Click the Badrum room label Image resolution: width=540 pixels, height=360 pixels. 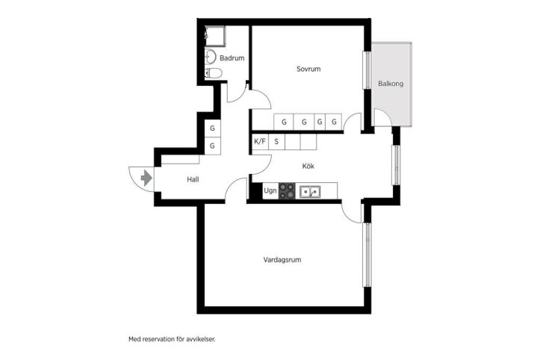(x=232, y=58)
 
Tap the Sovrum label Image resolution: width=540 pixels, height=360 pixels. (x=308, y=69)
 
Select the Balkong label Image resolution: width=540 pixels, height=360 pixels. (x=391, y=84)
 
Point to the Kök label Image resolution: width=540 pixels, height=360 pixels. (x=308, y=166)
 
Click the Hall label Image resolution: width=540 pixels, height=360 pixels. (x=193, y=179)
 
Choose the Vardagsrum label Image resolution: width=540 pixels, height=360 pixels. (x=282, y=260)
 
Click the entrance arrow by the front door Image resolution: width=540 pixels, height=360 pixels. (x=146, y=178)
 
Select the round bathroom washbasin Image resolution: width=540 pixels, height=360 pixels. (x=210, y=57)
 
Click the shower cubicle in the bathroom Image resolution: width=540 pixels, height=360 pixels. (x=215, y=36)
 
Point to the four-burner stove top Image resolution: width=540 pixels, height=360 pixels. (x=287, y=191)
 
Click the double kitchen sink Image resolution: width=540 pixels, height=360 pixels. (x=310, y=191)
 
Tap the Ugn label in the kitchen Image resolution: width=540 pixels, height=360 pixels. (x=270, y=190)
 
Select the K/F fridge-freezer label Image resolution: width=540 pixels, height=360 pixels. (x=260, y=141)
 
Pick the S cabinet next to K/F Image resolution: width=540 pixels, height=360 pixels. (x=276, y=142)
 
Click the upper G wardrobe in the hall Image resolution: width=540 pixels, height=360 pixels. (x=212, y=128)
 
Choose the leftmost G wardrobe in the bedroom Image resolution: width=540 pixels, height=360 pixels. (x=284, y=122)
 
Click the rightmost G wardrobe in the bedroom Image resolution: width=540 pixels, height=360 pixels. (x=334, y=122)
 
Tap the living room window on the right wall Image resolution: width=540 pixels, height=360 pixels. (x=367, y=255)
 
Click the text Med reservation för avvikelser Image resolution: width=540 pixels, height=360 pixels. (x=172, y=339)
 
